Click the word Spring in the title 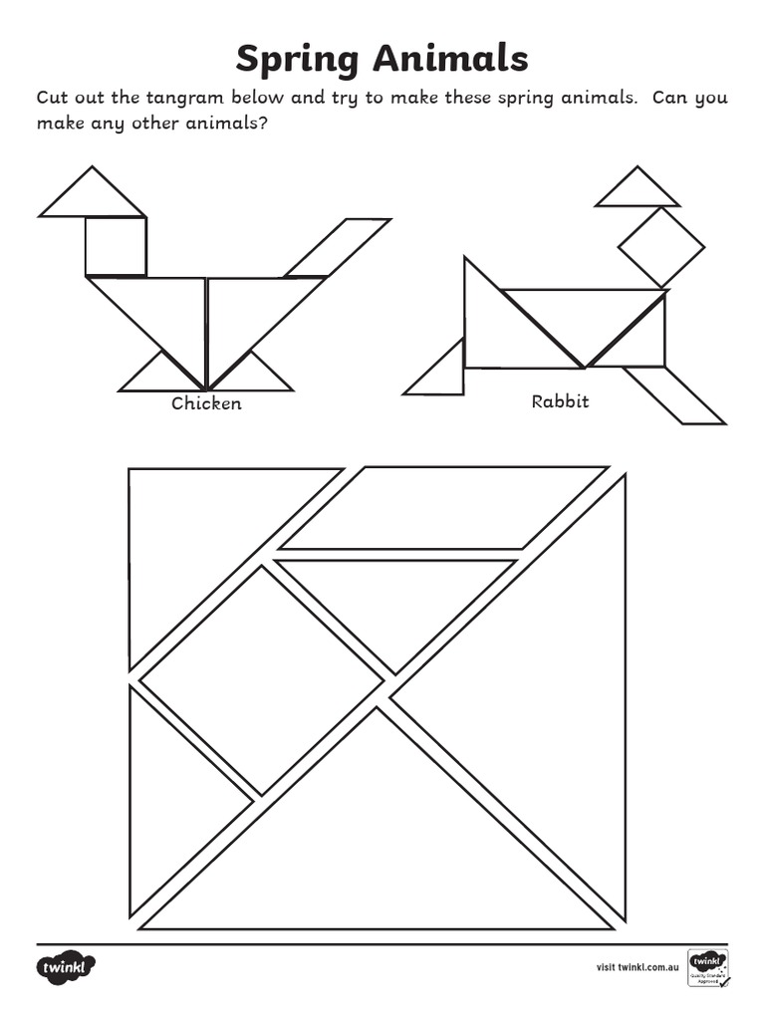[299, 61]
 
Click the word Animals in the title [449, 59]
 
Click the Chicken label [206, 403]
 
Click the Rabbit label [560, 401]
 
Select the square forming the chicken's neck [116, 246]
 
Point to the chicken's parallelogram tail [337, 247]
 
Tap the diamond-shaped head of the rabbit [660, 245]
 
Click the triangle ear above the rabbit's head [637, 192]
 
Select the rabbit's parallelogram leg [673, 394]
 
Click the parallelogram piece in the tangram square [443, 508]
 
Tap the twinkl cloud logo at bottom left [68, 967]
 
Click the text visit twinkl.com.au [637, 967]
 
